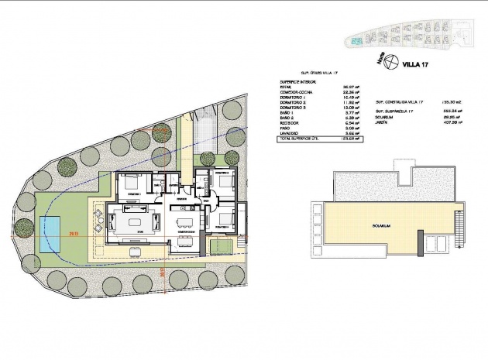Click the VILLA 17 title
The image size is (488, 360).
point(415,66)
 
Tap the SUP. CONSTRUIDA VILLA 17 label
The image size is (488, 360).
point(401,101)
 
